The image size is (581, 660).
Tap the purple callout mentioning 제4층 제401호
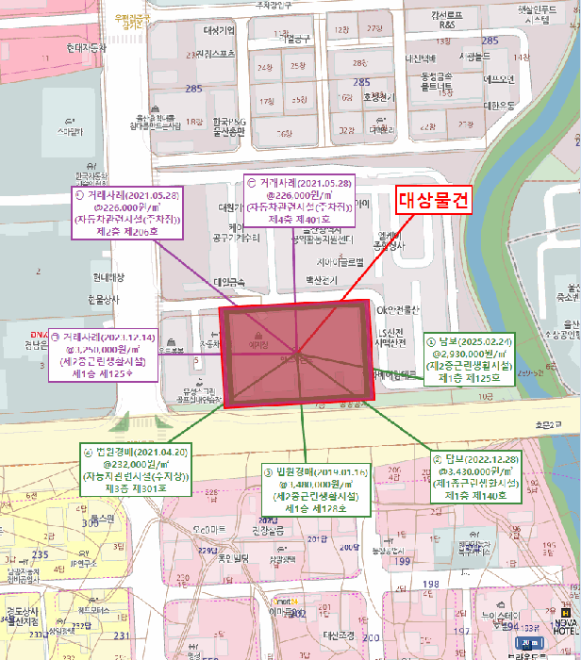pos(299,199)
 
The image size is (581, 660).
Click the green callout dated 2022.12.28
pos(476,476)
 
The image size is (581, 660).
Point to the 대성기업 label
pos(219,29)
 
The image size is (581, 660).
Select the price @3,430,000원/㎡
pos(476,470)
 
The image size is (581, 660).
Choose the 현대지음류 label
pos(85,46)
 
